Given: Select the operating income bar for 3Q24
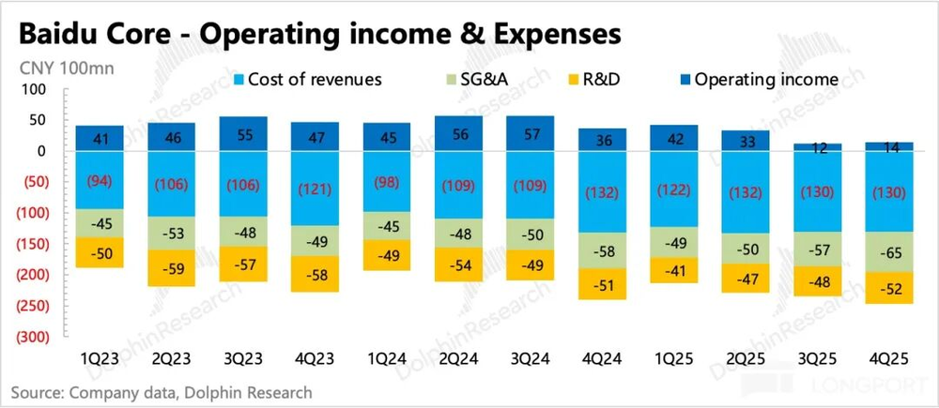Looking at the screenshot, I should point(530,133).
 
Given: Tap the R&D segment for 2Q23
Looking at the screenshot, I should point(172,267).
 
